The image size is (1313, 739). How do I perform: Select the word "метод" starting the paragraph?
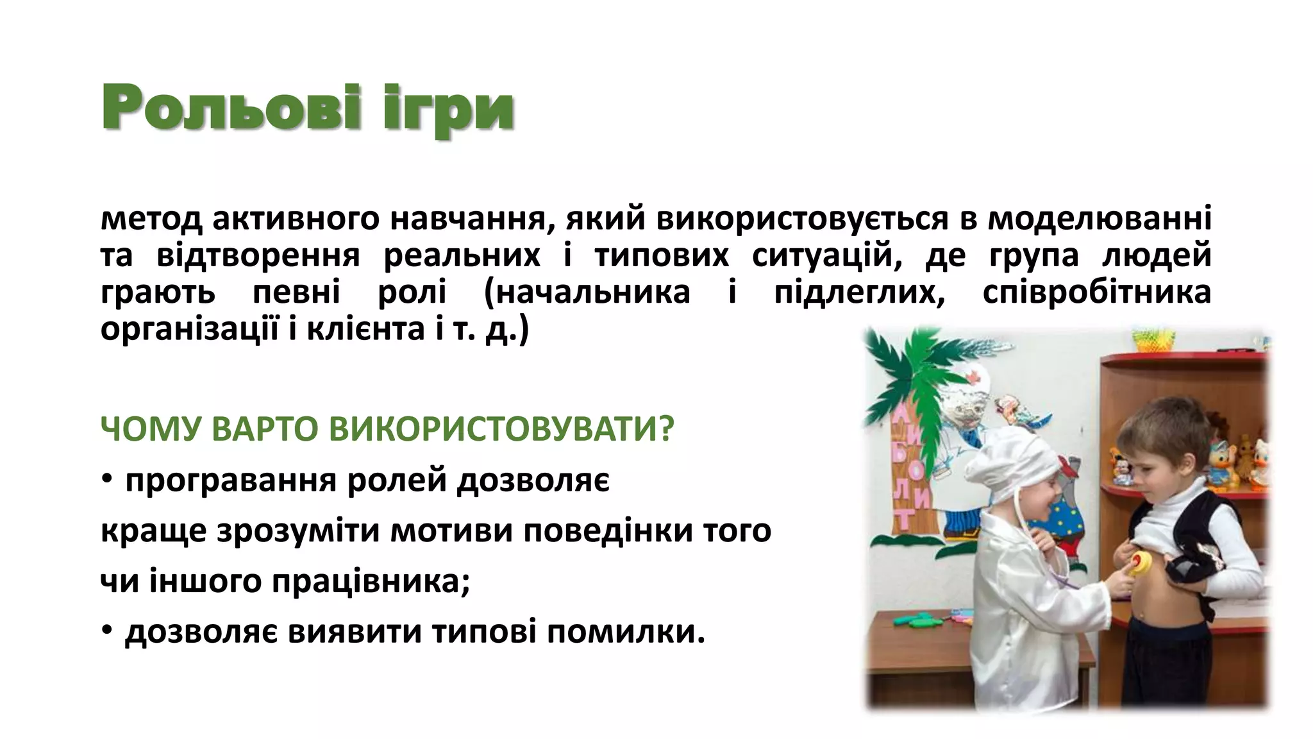[151, 219]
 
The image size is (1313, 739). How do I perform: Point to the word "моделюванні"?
[1099, 219]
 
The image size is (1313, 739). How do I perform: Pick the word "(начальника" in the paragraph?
[587, 293]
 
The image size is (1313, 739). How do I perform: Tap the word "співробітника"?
[1096, 293]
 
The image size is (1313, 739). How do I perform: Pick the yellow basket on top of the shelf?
[1154, 339]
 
